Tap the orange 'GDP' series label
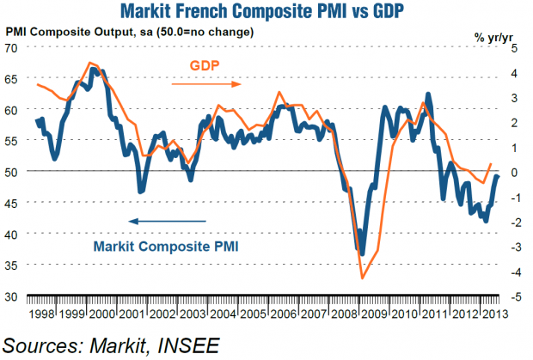point(205,66)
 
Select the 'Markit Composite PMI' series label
point(165,246)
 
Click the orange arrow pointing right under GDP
point(205,84)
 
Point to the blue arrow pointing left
point(167,222)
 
